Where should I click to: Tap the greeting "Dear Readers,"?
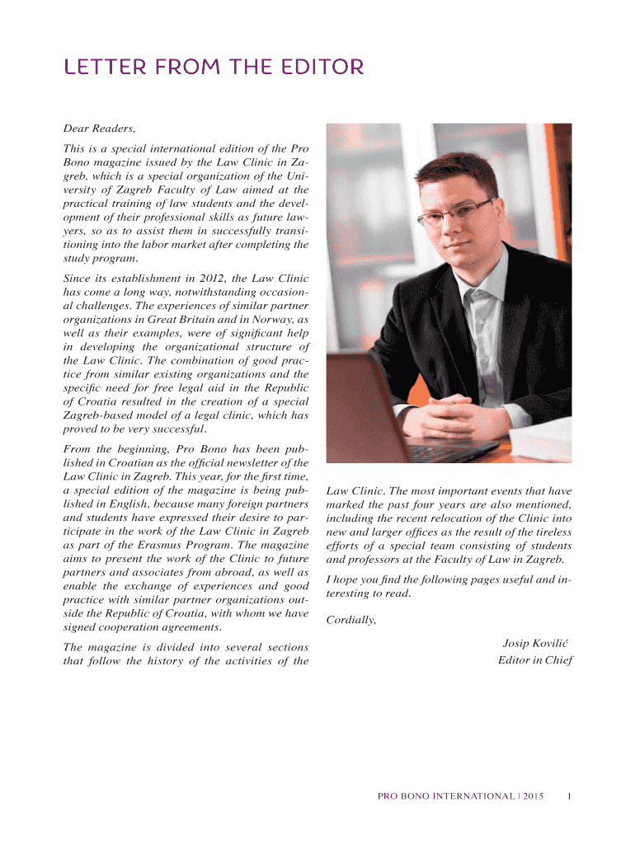click(99, 129)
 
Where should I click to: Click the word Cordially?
click(351, 620)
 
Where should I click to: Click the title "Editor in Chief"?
click(534, 659)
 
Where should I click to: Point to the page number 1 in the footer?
click(570, 795)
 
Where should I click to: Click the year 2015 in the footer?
click(532, 795)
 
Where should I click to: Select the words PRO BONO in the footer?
click(403, 795)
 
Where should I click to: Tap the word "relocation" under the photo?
click(477, 518)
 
